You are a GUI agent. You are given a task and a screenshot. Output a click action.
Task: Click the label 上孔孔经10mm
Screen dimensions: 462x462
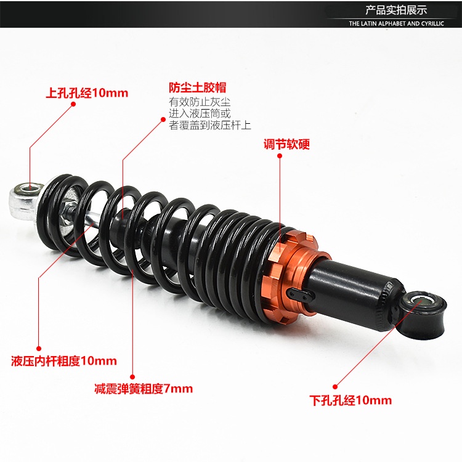pyautogui.click(x=87, y=93)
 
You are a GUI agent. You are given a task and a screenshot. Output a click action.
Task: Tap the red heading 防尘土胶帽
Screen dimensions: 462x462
pyautogui.click(x=197, y=87)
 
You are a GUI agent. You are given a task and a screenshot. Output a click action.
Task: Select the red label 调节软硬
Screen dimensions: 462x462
pyautogui.click(x=286, y=144)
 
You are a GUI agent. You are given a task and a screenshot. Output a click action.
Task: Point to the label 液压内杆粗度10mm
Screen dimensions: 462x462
pyautogui.click(x=64, y=361)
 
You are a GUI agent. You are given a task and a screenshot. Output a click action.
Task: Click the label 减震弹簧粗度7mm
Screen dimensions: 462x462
pyautogui.click(x=144, y=389)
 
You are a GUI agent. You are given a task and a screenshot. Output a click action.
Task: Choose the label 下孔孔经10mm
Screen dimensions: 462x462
pyautogui.click(x=351, y=400)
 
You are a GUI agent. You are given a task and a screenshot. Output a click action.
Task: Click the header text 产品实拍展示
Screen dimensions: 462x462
pyautogui.click(x=396, y=10)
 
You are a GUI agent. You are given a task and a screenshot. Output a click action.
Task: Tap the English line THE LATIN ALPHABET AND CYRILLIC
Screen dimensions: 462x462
pyautogui.click(x=396, y=23)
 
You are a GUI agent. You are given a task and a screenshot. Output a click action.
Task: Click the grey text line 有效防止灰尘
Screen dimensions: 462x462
pyautogui.click(x=200, y=102)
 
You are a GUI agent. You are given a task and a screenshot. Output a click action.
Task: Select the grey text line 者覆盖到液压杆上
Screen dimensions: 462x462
pyautogui.click(x=210, y=125)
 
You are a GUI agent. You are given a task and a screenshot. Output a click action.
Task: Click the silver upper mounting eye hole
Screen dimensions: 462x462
pyautogui.click(x=30, y=187)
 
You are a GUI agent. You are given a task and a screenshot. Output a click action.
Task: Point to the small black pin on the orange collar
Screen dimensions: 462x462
pyautogui.click(x=299, y=294)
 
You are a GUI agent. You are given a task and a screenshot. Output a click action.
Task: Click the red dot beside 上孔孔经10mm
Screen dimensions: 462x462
pyautogui.click(x=73, y=103)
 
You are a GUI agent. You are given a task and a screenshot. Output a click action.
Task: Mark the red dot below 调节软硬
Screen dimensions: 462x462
pyautogui.click(x=280, y=156)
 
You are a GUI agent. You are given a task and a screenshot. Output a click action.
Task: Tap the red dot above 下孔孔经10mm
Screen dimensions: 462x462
pyautogui.click(x=335, y=387)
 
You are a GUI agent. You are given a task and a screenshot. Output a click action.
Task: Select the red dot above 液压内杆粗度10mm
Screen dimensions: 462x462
pyautogui.click(x=39, y=349)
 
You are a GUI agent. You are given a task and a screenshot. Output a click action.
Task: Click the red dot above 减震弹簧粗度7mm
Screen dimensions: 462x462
pyautogui.click(x=132, y=377)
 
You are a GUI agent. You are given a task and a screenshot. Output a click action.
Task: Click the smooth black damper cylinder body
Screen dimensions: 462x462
pyautogui.click(x=354, y=290)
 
